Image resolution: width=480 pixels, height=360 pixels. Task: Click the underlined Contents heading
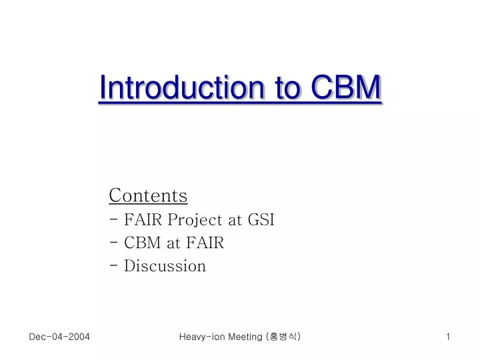[148, 195]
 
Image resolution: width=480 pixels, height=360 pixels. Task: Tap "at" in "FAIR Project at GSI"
[235, 219]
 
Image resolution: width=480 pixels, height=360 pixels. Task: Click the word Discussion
[165, 266]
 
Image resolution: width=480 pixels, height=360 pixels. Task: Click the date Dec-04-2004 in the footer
[59, 337]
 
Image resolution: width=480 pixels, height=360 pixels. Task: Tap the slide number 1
[449, 337]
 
